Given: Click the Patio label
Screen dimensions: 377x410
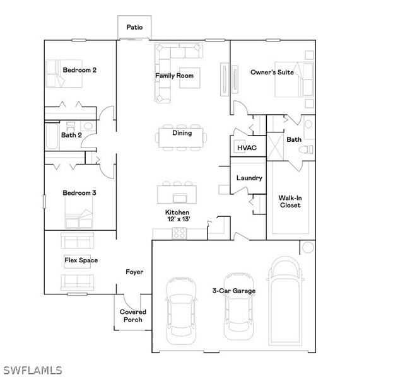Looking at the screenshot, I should (x=134, y=27).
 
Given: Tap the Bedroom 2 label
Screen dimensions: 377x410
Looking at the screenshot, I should (x=79, y=70).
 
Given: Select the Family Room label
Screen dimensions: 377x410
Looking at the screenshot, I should (x=175, y=76).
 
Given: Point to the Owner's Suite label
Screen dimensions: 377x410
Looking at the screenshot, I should (x=272, y=72).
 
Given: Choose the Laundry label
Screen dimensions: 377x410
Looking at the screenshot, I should (x=249, y=178).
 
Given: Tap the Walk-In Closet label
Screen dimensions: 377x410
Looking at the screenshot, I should (x=290, y=201).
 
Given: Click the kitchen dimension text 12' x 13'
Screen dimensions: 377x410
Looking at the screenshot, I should (x=177, y=219).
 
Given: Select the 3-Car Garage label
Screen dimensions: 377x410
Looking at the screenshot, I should (x=234, y=291).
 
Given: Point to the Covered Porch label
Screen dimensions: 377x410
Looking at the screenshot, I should (x=133, y=315).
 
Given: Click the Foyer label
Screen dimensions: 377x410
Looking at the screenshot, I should (x=134, y=272).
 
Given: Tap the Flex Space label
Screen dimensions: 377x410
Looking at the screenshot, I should (x=81, y=260).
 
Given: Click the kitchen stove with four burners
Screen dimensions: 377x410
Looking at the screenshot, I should (x=179, y=233).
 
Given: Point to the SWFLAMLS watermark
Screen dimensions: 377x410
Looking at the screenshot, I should (x=32, y=369).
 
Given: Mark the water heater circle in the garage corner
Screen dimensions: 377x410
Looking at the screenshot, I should (x=308, y=247).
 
